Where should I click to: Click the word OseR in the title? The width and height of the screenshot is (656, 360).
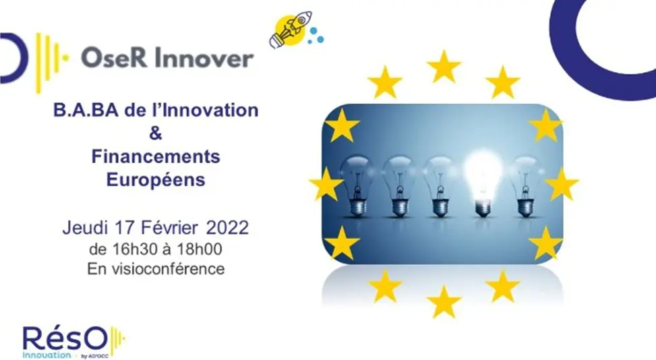click(x=114, y=57)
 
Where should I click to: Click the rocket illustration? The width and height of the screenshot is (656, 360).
click(x=291, y=29)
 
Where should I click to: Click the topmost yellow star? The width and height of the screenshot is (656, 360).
click(x=444, y=67)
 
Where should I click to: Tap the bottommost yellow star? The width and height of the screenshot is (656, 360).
click(x=444, y=301)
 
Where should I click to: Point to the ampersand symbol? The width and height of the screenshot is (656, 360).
click(x=155, y=133)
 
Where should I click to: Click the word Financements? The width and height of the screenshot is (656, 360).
click(x=156, y=157)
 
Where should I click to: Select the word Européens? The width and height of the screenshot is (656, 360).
click(x=156, y=180)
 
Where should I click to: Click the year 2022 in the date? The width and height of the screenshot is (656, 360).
click(x=227, y=228)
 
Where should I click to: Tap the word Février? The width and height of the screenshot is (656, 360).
click(x=169, y=228)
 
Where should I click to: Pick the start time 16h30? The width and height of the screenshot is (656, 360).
click(x=131, y=249)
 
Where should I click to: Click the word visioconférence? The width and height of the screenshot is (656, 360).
click(x=168, y=268)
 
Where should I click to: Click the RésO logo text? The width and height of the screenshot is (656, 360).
click(x=65, y=339)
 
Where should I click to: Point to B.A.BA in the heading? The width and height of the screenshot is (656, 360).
click(x=86, y=111)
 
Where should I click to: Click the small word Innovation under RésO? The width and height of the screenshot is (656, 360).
click(x=47, y=355)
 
